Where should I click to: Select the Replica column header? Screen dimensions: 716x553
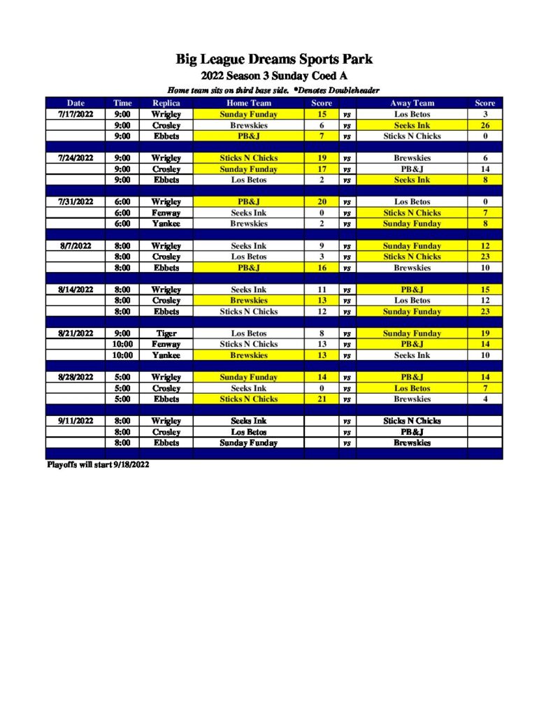click(x=166, y=103)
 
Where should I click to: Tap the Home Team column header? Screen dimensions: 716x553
click(x=248, y=103)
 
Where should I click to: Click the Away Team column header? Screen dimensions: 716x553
click(x=412, y=103)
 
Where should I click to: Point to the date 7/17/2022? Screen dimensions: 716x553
click(x=76, y=114)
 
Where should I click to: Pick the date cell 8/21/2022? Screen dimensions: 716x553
click(x=76, y=334)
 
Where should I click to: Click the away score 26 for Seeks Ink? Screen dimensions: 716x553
click(x=485, y=125)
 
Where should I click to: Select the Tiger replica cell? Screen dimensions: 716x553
click(x=166, y=334)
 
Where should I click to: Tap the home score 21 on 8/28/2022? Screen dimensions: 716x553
click(x=322, y=399)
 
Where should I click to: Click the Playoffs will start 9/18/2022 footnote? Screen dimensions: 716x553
click(x=97, y=464)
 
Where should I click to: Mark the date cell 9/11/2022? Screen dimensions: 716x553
click(x=76, y=421)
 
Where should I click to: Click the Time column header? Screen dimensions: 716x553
click(x=123, y=103)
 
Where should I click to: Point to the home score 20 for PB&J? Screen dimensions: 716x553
click(x=322, y=202)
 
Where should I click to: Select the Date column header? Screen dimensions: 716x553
click(x=76, y=103)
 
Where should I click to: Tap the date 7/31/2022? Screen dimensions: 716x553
click(x=76, y=202)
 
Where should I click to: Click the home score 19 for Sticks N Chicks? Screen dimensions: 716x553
click(x=322, y=158)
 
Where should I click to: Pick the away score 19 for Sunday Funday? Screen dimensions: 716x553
click(x=485, y=334)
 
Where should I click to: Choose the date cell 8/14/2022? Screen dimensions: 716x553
click(x=76, y=289)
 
